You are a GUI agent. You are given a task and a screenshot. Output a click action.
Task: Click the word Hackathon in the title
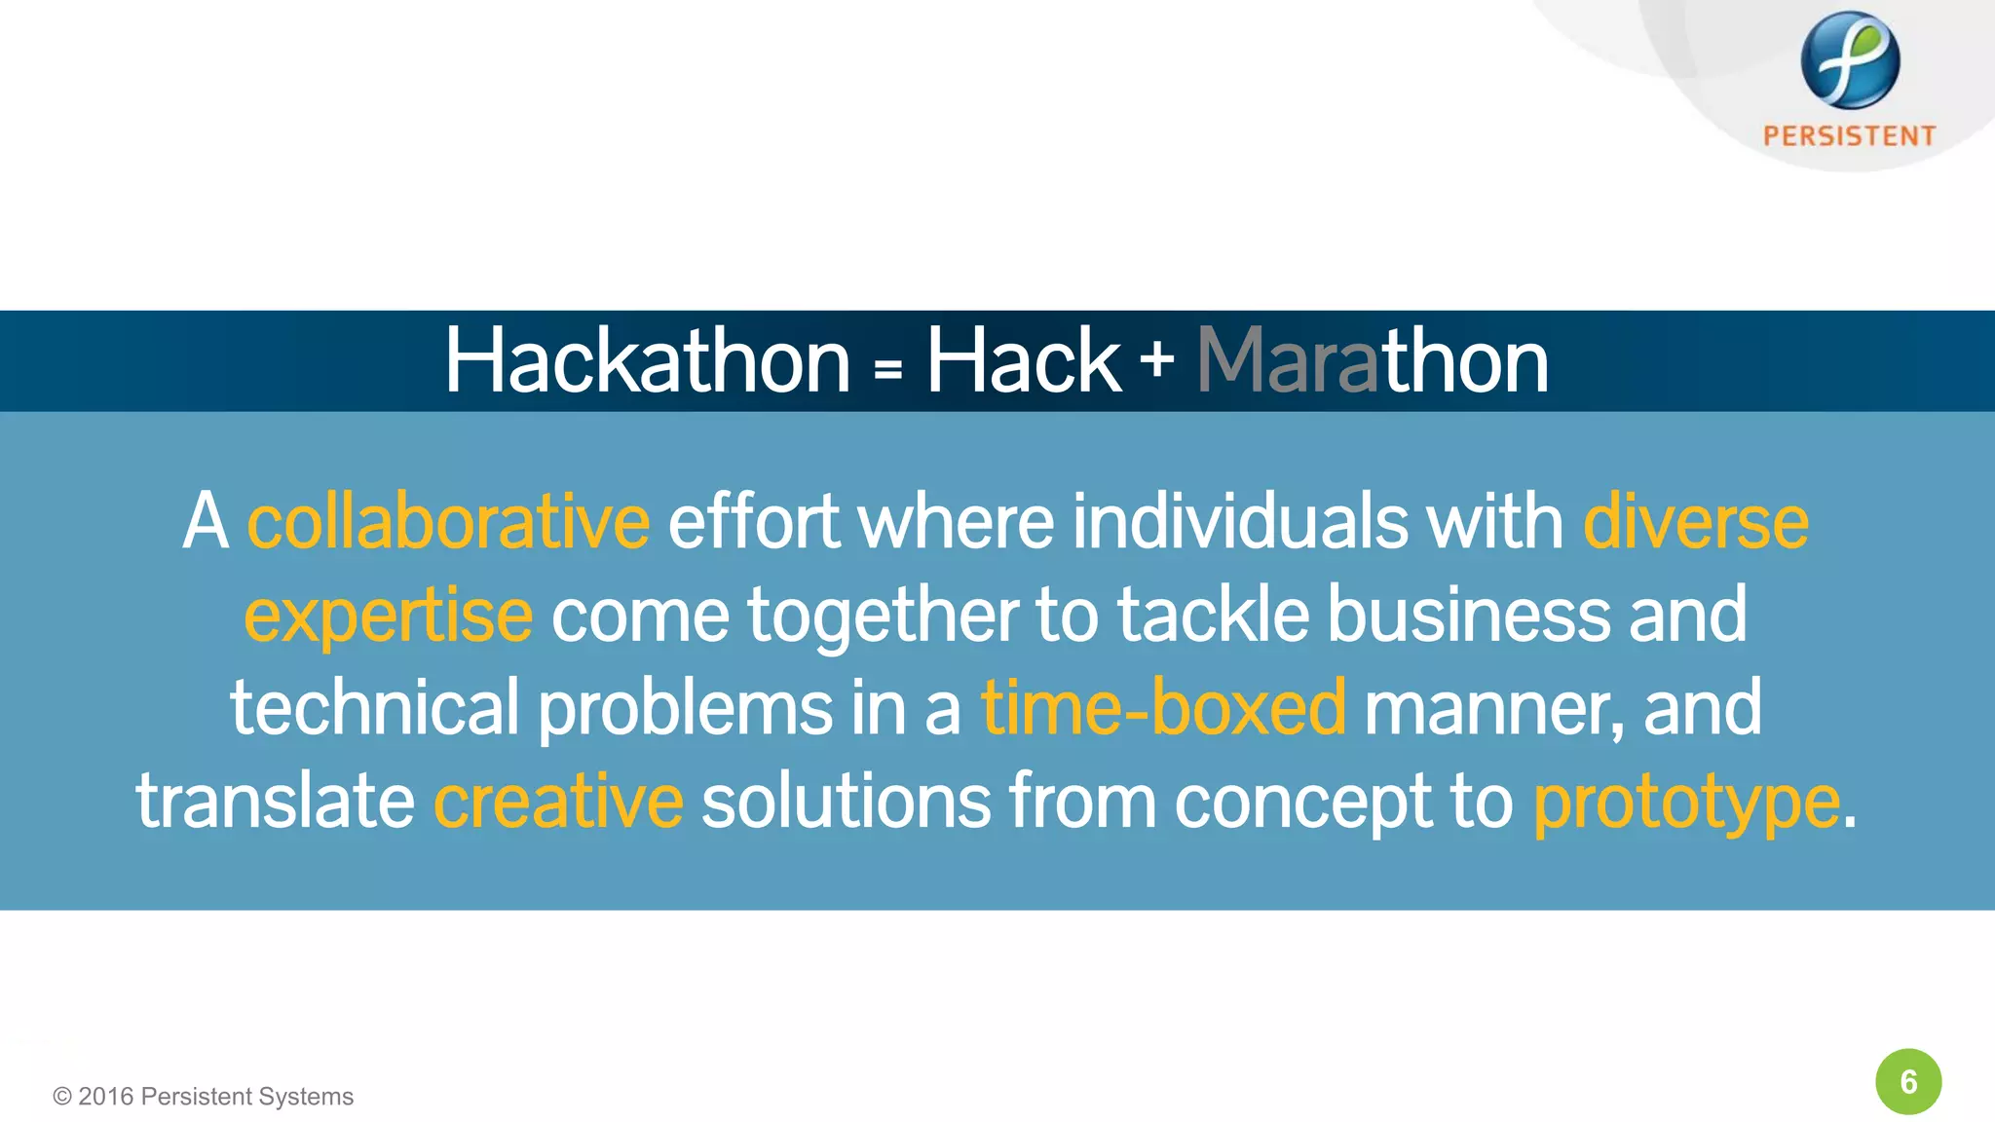[648, 362]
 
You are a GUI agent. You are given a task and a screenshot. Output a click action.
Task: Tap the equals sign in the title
[887, 369]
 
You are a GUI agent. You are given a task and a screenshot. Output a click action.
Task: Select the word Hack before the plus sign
[1022, 362]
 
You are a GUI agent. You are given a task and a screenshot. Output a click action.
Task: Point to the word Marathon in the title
[1372, 362]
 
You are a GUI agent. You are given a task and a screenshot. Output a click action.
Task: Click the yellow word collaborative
[448, 522]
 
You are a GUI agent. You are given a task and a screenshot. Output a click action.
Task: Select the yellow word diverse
[1696, 522]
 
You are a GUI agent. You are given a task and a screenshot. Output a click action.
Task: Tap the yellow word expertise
[388, 616]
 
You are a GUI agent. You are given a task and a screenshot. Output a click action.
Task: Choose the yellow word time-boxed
[1163, 708]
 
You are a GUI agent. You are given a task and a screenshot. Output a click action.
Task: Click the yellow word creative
[558, 802]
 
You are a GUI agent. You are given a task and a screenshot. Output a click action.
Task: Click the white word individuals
[1239, 522]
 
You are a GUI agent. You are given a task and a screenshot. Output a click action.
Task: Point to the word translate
[276, 802]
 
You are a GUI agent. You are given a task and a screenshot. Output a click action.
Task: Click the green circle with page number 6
[1908, 1081]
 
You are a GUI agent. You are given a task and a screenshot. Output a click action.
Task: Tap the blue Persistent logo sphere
[1849, 60]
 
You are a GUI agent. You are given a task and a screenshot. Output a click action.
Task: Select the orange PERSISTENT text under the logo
[1849, 136]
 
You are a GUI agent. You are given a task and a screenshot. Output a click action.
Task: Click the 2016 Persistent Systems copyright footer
[204, 1097]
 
